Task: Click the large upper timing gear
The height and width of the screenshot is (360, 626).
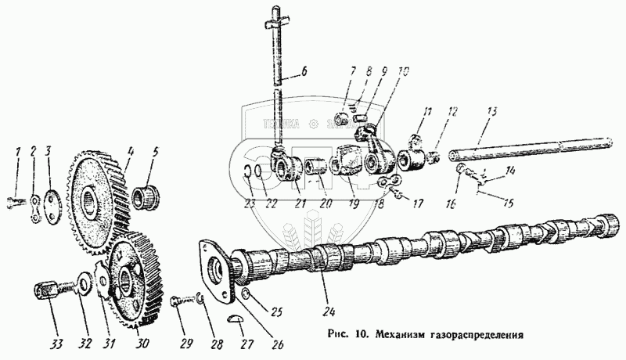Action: click(x=99, y=199)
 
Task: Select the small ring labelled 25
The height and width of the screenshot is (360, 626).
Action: click(x=246, y=293)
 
